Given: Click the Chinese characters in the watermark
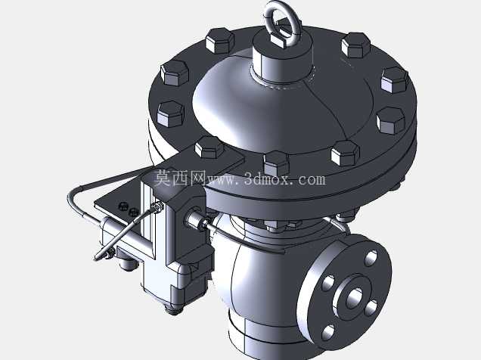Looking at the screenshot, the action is [179, 178].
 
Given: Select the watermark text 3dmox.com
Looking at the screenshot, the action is [284, 178].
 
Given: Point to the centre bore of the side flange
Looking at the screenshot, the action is [355, 298].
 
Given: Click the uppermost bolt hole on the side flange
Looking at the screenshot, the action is [371, 258].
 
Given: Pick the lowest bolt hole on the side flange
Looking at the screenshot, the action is [328, 333].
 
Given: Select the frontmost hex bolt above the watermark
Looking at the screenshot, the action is [276, 163].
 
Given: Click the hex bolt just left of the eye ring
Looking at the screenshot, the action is [219, 41].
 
